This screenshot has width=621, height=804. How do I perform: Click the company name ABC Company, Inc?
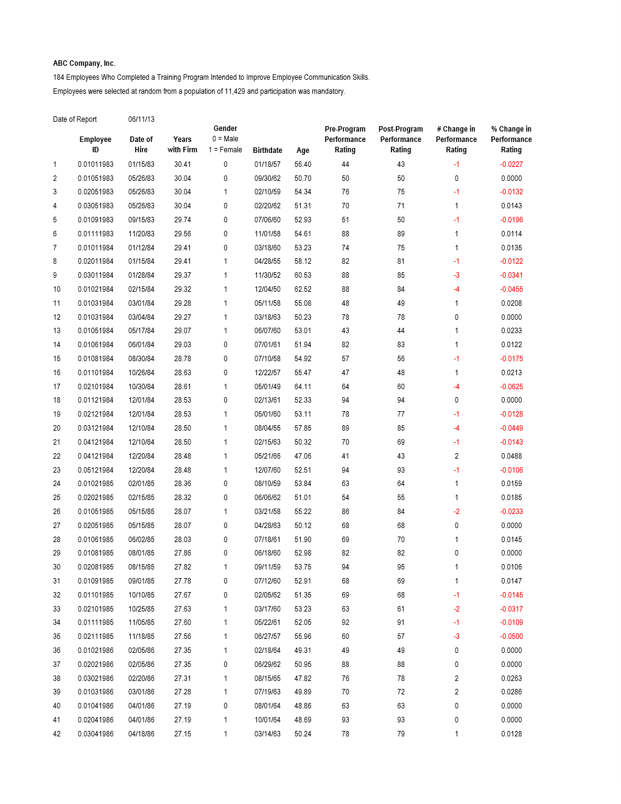tap(84, 63)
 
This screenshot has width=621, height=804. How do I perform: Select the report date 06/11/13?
tap(141, 119)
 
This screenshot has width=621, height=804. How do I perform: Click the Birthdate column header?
tap(267, 150)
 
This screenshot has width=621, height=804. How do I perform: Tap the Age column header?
tap(303, 150)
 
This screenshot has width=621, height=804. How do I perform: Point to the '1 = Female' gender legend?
tap(225, 150)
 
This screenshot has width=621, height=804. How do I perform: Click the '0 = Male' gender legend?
tap(225, 139)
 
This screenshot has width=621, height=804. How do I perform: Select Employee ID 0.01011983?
tap(96, 164)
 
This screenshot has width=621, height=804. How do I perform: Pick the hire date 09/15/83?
tap(141, 220)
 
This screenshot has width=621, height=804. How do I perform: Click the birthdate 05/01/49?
tap(267, 387)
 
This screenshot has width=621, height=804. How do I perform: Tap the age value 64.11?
tap(303, 387)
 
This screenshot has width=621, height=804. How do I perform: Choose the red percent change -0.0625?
tap(511, 387)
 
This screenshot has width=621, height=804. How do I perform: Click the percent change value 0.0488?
tap(511, 456)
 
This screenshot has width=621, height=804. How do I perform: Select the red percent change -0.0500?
tap(511, 636)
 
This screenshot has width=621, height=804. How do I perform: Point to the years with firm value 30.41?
tap(183, 164)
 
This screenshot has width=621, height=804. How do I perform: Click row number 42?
tap(57, 734)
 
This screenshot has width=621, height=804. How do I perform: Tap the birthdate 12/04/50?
tap(267, 289)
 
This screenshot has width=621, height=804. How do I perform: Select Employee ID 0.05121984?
tap(96, 470)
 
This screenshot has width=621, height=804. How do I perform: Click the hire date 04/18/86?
tap(141, 734)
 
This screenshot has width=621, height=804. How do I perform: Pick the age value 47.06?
tap(303, 456)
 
